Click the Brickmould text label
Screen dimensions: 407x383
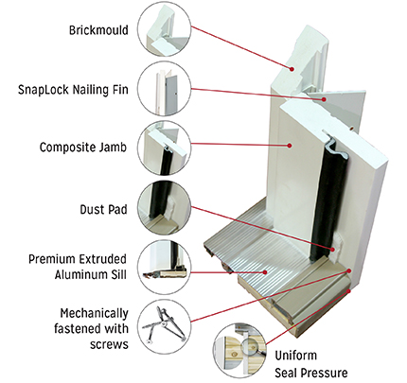click(98, 30)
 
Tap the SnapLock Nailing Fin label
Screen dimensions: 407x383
click(73, 90)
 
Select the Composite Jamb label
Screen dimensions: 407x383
click(83, 148)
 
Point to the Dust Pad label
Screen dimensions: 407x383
click(103, 209)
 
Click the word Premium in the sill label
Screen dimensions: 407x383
click(51, 259)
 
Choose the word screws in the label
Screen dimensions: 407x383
click(109, 344)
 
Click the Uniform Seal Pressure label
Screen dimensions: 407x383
click(311, 364)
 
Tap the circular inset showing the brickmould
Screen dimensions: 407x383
click(165, 30)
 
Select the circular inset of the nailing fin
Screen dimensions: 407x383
click(165, 90)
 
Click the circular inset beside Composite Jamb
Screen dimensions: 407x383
click(165, 148)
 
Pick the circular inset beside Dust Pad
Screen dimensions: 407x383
click(165, 208)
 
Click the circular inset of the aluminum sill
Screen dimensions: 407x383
click(165, 268)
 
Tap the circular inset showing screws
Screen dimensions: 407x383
click(165, 325)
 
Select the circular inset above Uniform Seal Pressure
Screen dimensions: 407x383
click(239, 350)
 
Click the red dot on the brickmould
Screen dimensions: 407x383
click(292, 69)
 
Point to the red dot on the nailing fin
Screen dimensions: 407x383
click(324, 99)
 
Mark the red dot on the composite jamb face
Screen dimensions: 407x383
click(289, 146)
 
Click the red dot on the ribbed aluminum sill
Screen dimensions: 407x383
click(265, 272)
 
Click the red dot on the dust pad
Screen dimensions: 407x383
click(333, 250)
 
